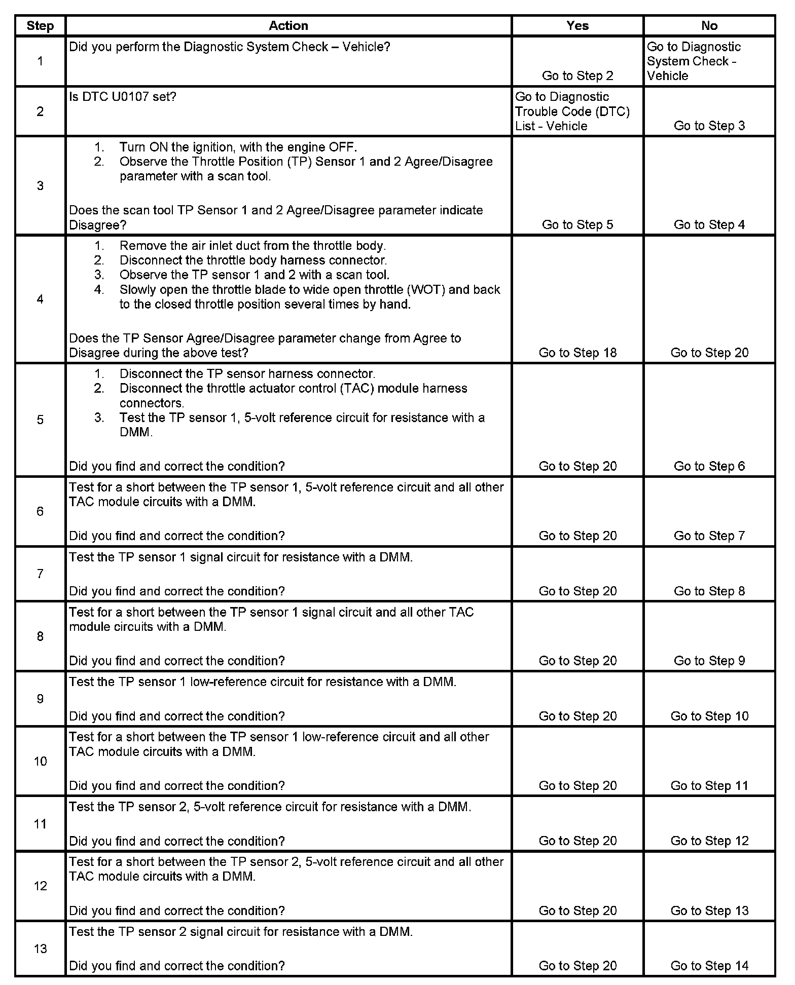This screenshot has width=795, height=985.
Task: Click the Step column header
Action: [40, 26]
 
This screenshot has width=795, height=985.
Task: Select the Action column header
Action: [288, 26]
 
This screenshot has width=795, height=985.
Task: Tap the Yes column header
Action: [577, 26]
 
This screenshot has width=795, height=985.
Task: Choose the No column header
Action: [709, 26]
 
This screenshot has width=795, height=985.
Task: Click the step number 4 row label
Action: [40, 299]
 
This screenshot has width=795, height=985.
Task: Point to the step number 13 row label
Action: [40, 949]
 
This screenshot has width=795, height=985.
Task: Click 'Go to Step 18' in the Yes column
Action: [577, 353]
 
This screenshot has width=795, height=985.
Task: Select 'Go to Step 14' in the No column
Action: [709, 966]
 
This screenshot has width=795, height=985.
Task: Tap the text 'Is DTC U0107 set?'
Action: [123, 96]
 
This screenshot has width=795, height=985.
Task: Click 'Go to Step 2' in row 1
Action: [577, 75]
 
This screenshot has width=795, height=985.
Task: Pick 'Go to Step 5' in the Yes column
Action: [577, 224]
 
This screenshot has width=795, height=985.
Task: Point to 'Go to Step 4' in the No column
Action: [709, 224]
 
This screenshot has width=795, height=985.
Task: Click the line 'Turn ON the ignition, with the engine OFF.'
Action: [238, 147]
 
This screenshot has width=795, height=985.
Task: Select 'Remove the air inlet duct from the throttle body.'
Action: [252, 246]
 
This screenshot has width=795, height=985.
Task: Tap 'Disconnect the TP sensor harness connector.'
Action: [247, 374]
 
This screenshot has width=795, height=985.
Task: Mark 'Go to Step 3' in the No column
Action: [709, 126]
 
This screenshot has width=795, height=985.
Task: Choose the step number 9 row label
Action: [40, 699]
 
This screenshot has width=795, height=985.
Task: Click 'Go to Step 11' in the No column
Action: [709, 785]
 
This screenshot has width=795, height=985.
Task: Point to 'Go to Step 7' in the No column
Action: [709, 536]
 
